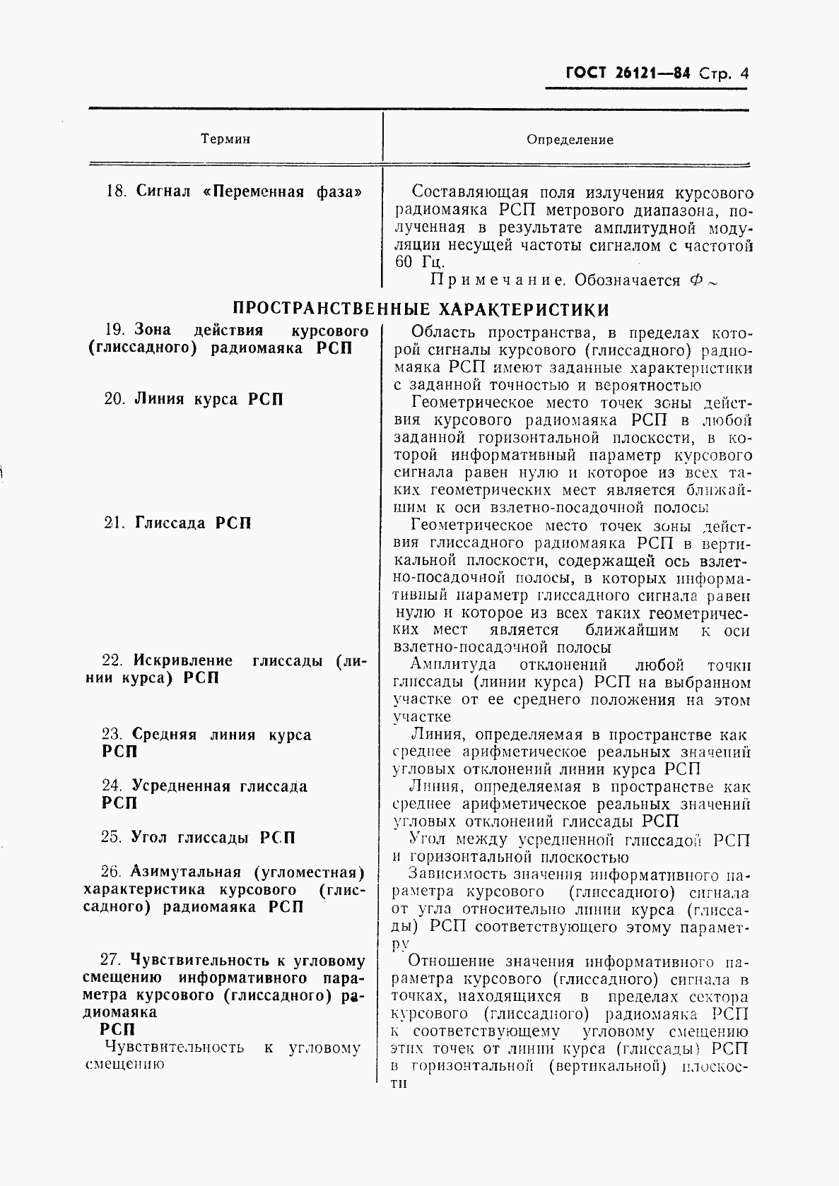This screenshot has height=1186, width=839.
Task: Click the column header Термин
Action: [225, 139]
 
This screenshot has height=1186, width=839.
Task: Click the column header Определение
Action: [570, 140]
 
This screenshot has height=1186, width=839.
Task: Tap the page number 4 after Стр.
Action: [743, 73]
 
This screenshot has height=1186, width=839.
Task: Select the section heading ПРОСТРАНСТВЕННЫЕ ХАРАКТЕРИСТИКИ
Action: [421, 309]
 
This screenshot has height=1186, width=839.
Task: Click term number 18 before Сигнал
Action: [115, 191]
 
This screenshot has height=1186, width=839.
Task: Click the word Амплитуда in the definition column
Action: [452, 665]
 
